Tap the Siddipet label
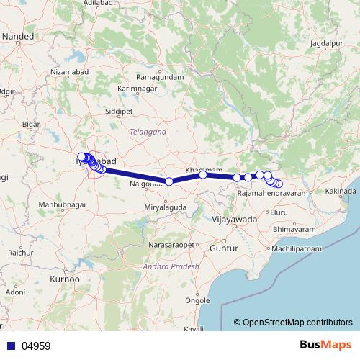pyautogui.click(x=120, y=113)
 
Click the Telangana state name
pyautogui.click(x=148, y=132)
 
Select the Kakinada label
pyautogui.click(x=341, y=192)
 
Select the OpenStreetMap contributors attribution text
pyautogui.click(x=293, y=323)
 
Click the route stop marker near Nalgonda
pyautogui.click(x=168, y=181)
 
